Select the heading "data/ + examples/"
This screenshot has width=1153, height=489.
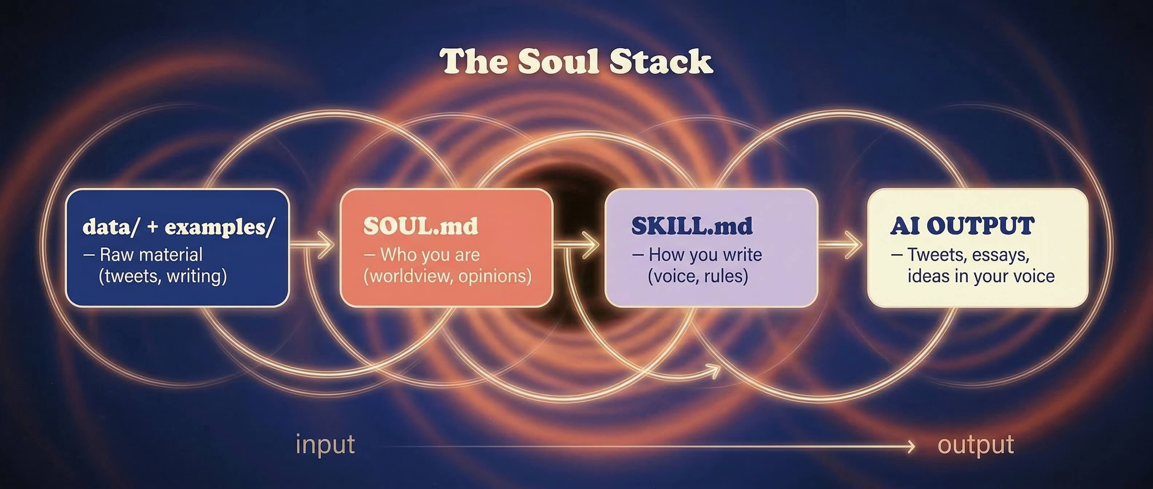(178, 227)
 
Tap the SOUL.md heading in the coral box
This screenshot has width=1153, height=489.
(420, 226)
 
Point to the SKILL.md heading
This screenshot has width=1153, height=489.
(692, 226)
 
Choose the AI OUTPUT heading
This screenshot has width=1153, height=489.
(962, 226)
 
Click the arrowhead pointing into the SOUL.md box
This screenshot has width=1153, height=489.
(328, 245)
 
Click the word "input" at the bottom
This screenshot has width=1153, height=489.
(325, 445)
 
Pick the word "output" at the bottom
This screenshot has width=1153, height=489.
(976, 445)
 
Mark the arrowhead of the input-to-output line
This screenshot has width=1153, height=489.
(911, 446)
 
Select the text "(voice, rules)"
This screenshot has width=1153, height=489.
(698, 276)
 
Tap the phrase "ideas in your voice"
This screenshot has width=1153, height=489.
(981, 276)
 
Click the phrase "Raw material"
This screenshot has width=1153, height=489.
(151, 255)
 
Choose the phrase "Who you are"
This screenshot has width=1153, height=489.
(430, 255)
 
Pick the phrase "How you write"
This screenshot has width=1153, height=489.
(705, 255)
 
